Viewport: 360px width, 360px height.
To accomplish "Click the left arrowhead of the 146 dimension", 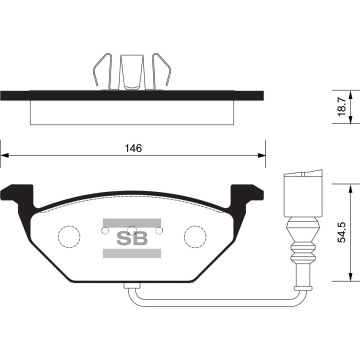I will (x=5, y=156).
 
